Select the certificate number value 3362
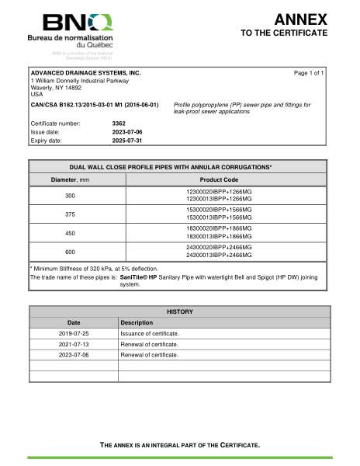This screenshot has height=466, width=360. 119,123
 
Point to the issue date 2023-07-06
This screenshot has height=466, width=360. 127,132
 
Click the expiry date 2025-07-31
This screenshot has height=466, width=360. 127,141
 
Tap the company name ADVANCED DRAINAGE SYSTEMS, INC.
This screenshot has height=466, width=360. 85,72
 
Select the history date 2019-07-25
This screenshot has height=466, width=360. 74,332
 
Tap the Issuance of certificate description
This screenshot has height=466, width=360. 150,332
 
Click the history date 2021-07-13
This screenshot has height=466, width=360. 74,343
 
